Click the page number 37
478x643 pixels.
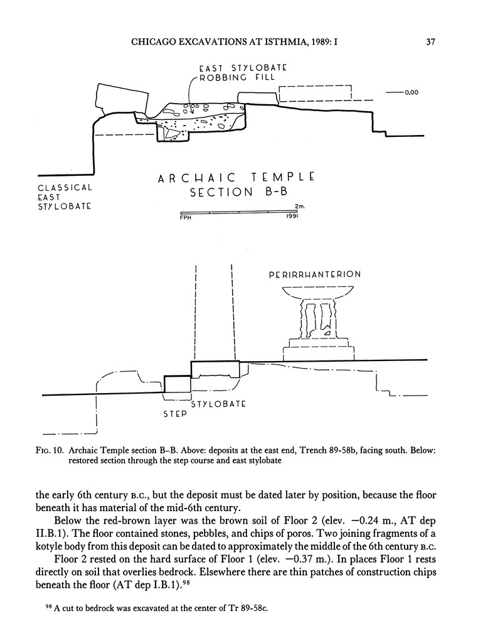[430, 43]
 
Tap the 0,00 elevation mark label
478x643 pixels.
[412, 93]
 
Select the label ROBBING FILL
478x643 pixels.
[237, 77]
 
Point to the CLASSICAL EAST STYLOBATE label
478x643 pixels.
[65, 197]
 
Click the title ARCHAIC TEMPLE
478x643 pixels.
[235, 178]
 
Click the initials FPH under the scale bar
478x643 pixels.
[186, 218]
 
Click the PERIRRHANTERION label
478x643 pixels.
[314, 275]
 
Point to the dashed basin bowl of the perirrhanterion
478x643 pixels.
[317, 293]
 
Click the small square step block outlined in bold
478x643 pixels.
[177, 384]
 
